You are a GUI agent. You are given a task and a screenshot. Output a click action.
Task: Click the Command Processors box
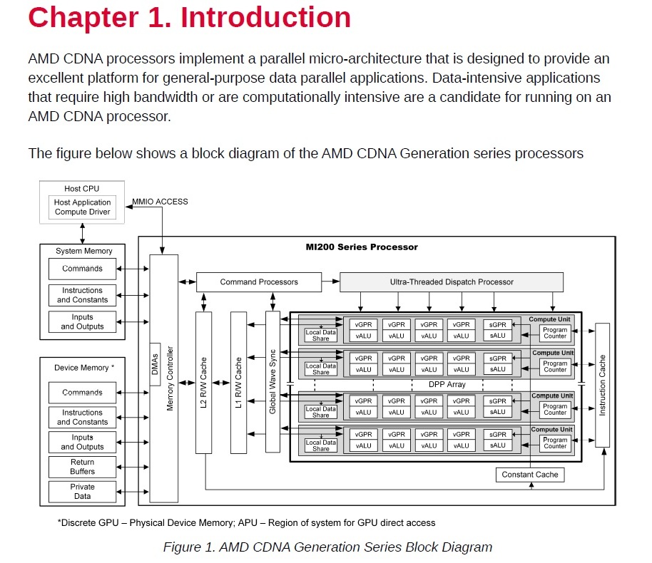[x=258, y=282]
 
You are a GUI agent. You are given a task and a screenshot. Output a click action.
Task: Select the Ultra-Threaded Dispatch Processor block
[x=451, y=282]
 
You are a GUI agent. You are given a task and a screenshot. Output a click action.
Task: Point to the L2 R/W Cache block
[x=203, y=382]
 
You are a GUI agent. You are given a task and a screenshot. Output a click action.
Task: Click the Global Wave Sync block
[x=272, y=381]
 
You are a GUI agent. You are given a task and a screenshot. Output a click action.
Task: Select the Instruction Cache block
[x=602, y=385]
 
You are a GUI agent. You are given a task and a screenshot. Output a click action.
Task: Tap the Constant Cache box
[x=529, y=475]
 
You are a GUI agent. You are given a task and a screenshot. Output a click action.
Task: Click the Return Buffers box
[x=82, y=467]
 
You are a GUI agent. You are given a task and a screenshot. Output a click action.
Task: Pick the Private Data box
[x=82, y=492]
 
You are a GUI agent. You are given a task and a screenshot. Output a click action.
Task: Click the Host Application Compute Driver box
[x=82, y=207]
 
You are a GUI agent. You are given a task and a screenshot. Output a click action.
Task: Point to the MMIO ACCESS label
[x=161, y=202]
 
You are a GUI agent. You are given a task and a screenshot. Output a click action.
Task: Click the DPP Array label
[x=447, y=385]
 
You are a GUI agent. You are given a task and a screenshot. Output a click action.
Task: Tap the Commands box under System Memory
[x=82, y=269]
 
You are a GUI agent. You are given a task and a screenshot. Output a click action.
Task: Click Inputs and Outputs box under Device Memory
[x=82, y=442]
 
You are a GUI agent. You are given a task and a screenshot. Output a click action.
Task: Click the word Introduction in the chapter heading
[x=265, y=17]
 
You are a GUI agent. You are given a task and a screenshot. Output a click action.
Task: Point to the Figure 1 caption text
[x=327, y=547]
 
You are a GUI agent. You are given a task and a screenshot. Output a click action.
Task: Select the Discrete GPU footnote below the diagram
[x=246, y=522]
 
